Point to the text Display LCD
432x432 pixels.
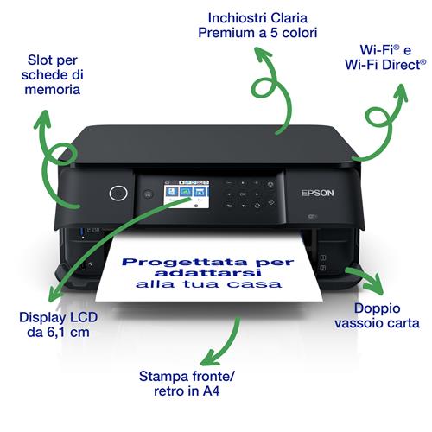[x=54, y=317]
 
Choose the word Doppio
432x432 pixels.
[x=376, y=308]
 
